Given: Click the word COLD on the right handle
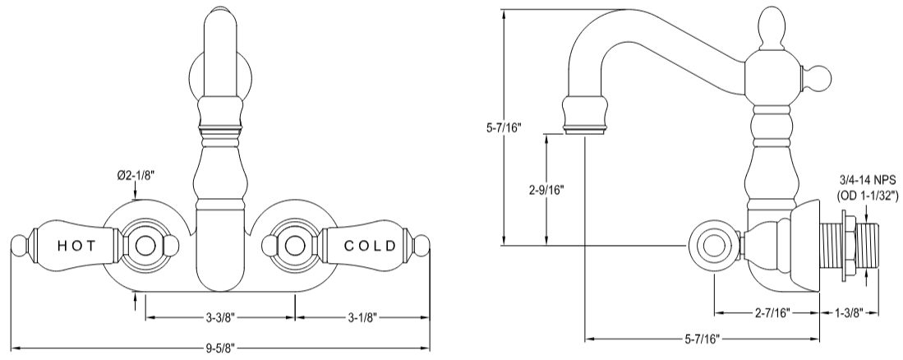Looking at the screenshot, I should coord(370,245).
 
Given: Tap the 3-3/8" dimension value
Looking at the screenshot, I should coord(219,316).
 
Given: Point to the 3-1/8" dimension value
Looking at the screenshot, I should coord(362,316).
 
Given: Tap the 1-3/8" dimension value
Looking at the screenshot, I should coord(850,313).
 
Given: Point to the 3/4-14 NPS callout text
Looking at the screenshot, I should coord(868,179).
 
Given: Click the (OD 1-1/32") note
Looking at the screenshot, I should coord(868,195).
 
